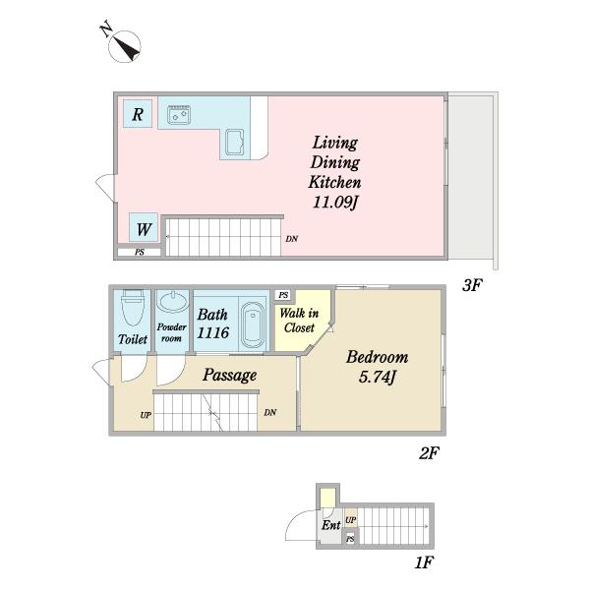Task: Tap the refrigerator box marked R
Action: tap(138, 114)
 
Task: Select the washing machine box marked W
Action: tap(144, 227)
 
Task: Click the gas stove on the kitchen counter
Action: tap(179, 114)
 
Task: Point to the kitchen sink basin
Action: tap(235, 143)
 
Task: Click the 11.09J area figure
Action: tap(334, 203)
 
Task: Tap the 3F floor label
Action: tap(472, 285)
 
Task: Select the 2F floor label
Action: tap(429, 453)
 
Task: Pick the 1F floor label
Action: tap(424, 562)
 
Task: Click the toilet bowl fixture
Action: tap(133, 308)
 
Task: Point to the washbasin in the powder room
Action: tap(173, 302)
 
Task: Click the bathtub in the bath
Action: tap(252, 324)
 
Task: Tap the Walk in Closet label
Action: tap(299, 321)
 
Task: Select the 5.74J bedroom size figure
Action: tap(377, 377)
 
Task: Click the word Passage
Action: tap(229, 375)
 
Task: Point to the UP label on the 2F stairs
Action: tap(146, 415)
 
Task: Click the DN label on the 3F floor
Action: tap(292, 239)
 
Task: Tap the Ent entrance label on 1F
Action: tap(331, 525)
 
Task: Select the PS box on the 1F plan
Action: tap(350, 539)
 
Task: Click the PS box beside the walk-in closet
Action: tap(284, 295)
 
